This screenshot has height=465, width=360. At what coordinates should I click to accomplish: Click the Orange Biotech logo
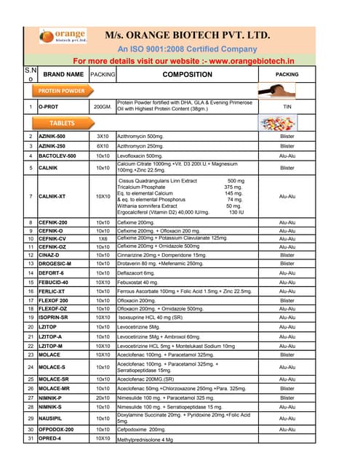pyautogui.click(x=63, y=36)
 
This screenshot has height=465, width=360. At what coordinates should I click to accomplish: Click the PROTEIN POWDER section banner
pyautogui.click(x=61, y=91)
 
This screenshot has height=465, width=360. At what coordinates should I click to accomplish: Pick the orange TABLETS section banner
pyautogui.click(x=61, y=124)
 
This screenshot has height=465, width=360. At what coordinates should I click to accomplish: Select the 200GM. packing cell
pyautogui.click(x=102, y=107)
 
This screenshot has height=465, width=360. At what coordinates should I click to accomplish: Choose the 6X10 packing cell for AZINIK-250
pyautogui.click(x=102, y=145)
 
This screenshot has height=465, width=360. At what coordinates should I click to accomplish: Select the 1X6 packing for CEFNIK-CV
pyautogui.click(x=102, y=238)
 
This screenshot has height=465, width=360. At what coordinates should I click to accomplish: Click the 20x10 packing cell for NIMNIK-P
pyautogui.click(x=102, y=397)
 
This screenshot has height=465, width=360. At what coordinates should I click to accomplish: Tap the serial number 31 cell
pyautogui.click(x=30, y=439)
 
